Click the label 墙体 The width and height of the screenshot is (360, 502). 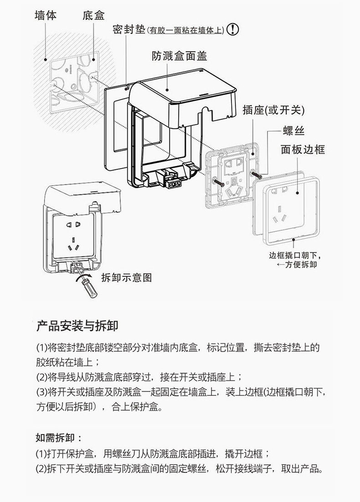(x=46, y=15)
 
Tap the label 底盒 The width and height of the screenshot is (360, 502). (x=94, y=15)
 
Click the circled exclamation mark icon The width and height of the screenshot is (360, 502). (x=233, y=30)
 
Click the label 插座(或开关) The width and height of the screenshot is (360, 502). (x=273, y=111)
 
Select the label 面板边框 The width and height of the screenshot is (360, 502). (x=303, y=149)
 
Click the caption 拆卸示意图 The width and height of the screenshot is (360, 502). (x=126, y=277)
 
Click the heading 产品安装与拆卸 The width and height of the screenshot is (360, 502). (x=77, y=326)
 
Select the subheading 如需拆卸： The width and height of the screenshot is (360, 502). (x=59, y=438)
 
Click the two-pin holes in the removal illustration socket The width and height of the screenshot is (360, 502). (x=73, y=225)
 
